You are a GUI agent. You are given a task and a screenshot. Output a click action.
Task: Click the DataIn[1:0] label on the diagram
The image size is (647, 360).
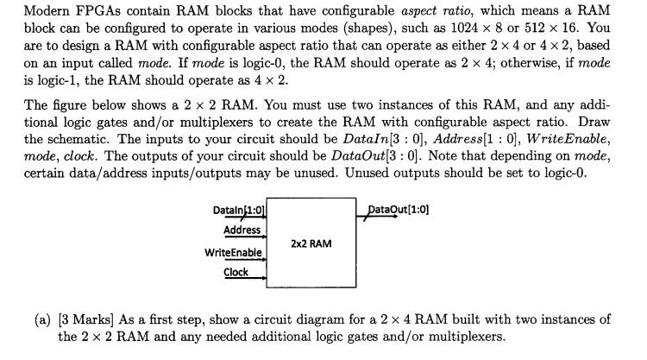click(238, 211)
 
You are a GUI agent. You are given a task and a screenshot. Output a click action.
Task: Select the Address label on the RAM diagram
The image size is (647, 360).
click(242, 230)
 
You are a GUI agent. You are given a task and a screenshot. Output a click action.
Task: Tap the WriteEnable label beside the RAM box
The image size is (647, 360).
click(233, 252)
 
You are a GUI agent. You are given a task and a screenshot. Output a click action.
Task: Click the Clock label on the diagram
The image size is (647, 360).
click(236, 272)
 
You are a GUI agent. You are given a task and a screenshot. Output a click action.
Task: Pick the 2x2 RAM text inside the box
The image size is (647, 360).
click(311, 243)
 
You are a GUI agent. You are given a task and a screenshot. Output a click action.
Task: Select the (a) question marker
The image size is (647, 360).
click(42, 320)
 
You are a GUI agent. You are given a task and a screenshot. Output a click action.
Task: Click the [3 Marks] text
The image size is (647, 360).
click(87, 320)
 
